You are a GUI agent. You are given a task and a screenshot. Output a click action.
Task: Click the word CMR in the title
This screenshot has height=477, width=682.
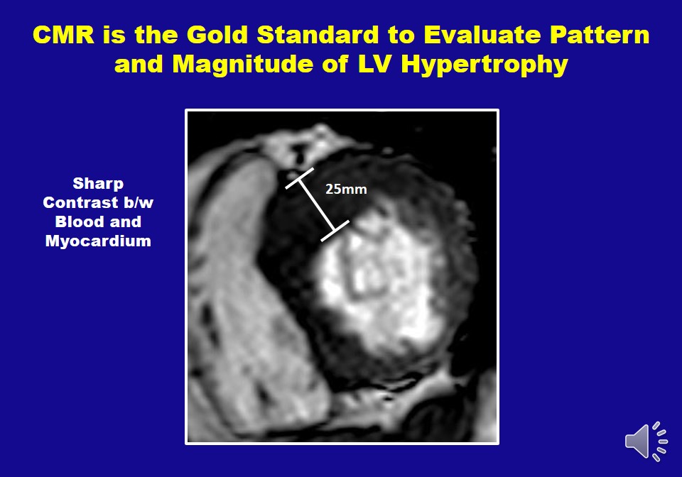point(63,34)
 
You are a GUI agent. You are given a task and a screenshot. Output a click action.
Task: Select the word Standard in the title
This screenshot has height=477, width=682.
point(318,34)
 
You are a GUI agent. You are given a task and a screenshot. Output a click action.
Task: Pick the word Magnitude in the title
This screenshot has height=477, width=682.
point(243,64)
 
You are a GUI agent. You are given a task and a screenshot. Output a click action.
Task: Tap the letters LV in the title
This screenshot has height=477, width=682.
point(375,64)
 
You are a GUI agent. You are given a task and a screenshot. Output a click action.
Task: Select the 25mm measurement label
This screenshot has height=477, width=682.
point(346,190)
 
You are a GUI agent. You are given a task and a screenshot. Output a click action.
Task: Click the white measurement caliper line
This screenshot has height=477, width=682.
point(317,204)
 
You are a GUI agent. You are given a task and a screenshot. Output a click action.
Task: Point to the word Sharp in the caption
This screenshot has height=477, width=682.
point(98,184)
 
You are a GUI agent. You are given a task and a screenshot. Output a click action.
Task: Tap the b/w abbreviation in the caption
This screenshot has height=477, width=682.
point(135,202)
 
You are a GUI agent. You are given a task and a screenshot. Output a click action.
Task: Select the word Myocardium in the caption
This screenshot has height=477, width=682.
point(98,241)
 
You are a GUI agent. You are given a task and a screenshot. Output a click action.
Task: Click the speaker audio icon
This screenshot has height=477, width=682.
point(646,441)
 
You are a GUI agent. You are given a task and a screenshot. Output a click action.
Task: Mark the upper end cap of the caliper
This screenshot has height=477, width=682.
point(299,178)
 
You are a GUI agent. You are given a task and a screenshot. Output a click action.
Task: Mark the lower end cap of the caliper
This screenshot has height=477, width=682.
point(335,231)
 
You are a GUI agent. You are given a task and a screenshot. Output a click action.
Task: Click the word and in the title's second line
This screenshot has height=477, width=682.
point(139,64)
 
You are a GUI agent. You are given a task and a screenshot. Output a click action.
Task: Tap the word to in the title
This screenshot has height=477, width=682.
point(401,35)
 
